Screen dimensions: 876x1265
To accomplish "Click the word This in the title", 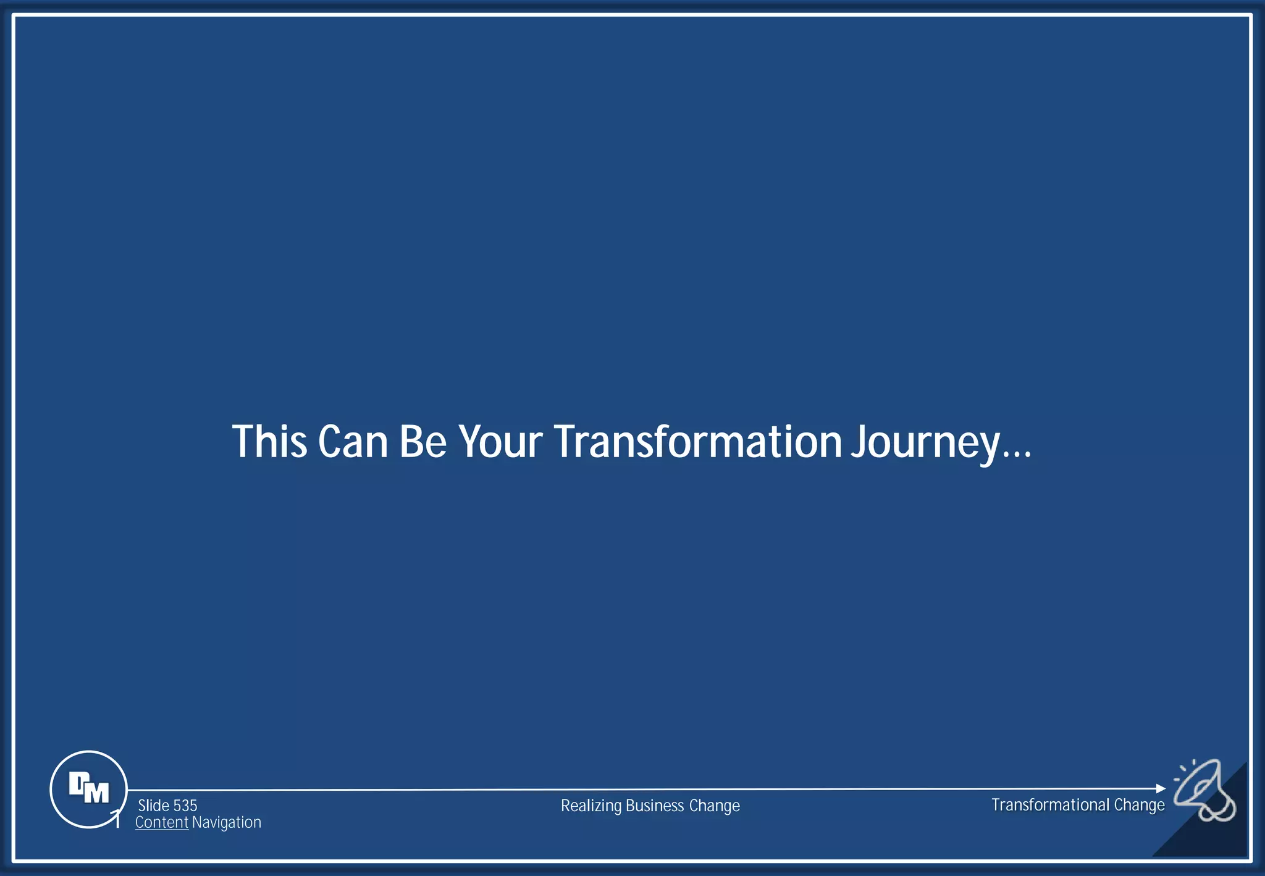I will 269,442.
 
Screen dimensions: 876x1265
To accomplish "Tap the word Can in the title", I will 353,442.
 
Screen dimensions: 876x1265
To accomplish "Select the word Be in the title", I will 422,442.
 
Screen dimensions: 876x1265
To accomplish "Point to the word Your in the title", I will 500,442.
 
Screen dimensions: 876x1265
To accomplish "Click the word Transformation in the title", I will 698,442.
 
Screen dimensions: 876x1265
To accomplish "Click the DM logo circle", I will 88,789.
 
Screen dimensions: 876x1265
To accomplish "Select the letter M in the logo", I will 97,793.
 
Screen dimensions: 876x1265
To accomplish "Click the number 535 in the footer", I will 185,806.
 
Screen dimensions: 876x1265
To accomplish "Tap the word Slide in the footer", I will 154,806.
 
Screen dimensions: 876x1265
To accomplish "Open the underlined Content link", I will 162,822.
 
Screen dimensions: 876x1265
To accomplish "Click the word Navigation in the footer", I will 227,822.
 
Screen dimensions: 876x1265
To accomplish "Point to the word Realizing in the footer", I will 591,806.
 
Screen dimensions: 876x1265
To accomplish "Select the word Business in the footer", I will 655,806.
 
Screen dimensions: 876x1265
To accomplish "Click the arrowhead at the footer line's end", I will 1161,788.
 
